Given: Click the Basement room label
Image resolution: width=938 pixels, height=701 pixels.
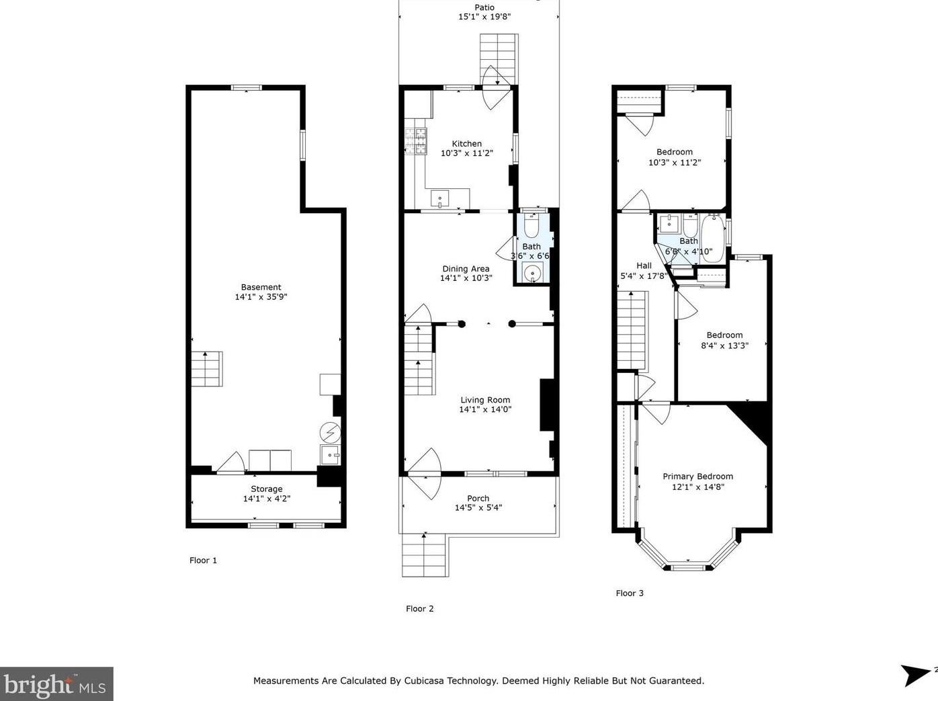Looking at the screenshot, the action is click(x=261, y=287).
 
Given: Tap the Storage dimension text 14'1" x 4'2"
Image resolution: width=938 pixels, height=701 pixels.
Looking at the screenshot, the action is click(x=267, y=499).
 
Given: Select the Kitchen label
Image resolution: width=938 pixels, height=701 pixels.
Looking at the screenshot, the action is click(x=467, y=144).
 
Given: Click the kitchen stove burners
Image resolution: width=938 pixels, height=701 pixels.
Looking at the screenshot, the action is click(x=416, y=140).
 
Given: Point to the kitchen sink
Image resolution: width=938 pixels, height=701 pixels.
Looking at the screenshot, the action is click(x=439, y=199).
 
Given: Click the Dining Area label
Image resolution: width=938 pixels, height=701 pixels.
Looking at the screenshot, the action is click(x=466, y=269).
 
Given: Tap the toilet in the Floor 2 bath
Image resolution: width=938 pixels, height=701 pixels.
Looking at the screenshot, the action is click(x=532, y=226).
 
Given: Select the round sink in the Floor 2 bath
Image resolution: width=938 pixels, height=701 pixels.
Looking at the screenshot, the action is click(x=532, y=273).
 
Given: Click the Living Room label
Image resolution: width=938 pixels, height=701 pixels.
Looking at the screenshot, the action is click(x=485, y=400).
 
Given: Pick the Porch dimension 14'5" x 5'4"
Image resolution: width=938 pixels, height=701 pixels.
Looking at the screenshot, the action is click(x=478, y=508).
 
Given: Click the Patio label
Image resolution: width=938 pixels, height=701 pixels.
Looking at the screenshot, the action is click(x=484, y=7).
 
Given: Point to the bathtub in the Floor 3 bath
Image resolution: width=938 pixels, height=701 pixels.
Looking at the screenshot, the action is click(x=712, y=239).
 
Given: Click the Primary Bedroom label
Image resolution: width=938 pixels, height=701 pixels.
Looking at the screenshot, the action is click(x=698, y=476).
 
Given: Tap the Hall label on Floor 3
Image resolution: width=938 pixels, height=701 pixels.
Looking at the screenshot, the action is click(x=644, y=266).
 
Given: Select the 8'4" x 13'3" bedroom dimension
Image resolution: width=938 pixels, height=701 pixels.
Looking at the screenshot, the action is click(x=725, y=345).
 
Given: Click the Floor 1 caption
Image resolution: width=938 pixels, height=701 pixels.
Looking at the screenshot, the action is click(x=204, y=560).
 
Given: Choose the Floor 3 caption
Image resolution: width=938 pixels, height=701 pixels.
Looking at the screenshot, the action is click(x=630, y=593).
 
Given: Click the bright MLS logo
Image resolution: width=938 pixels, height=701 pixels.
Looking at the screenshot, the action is click(x=56, y=684).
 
